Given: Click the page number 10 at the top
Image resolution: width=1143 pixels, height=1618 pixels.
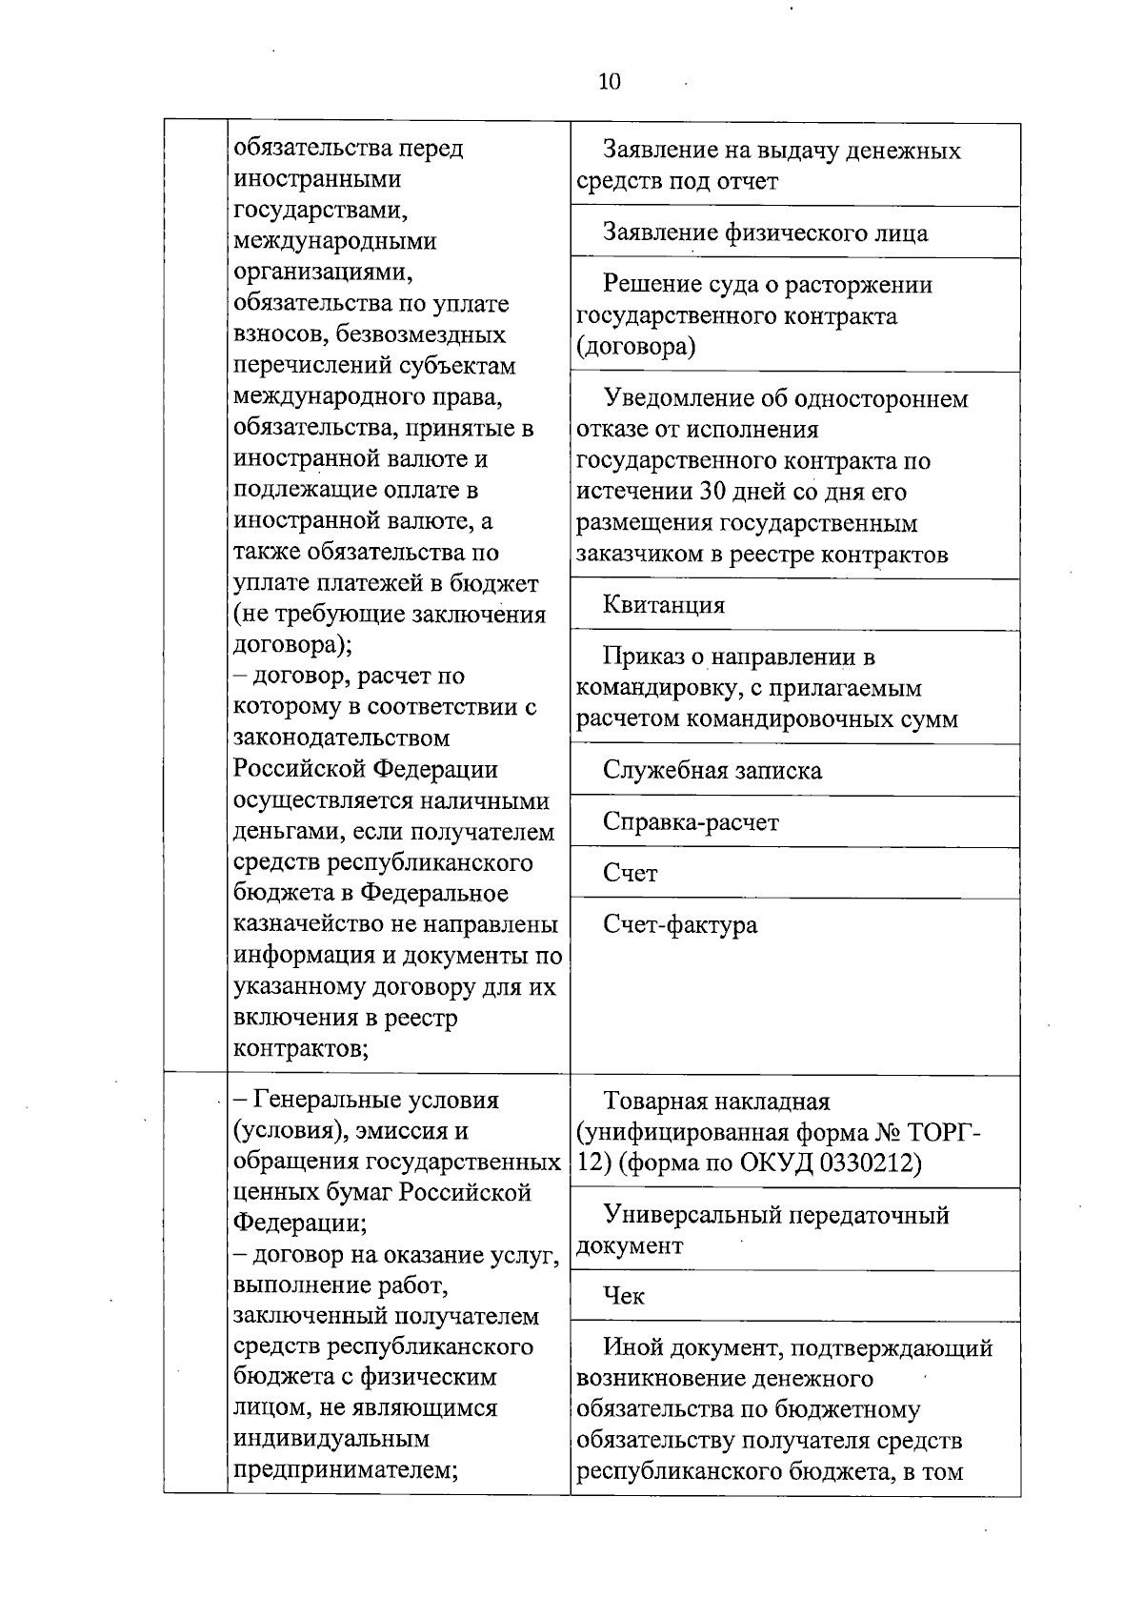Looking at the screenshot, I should pos(610,82).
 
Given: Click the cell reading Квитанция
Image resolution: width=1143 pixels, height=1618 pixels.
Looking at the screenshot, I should pos(664,605).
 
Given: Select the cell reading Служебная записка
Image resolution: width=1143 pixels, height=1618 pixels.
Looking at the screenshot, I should pos(712,770).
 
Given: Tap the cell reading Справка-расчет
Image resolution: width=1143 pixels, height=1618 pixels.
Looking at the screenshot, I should pos(691,821).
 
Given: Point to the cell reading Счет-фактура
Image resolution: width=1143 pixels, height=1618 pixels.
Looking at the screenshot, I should pos(680,924).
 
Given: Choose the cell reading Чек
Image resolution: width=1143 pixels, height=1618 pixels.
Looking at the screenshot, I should pos(624,1296).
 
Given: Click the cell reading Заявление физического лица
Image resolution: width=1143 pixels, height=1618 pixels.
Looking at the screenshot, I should pos(766,233).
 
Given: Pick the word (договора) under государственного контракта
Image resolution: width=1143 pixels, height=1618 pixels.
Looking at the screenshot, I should pos(635,347).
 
